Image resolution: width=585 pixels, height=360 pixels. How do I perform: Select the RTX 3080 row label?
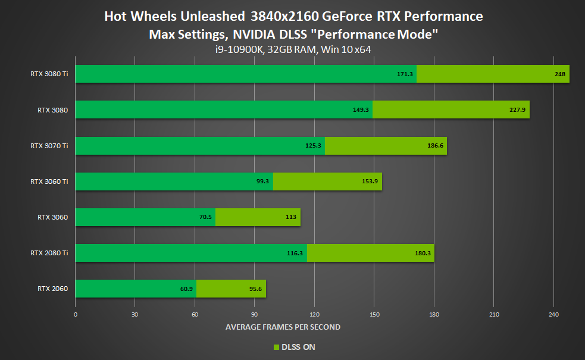click(x=52, y=109)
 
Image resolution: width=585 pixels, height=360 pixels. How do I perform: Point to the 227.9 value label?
click(x=518, y=110)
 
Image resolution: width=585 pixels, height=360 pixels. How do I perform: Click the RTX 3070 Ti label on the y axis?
click(x=49, y=146)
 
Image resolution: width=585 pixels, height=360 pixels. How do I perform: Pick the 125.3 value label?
click(x=314, y=146)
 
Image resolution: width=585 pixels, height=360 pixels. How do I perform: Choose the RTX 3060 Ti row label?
click(x=49, y=181)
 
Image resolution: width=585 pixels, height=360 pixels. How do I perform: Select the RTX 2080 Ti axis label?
click(x=49, y=253)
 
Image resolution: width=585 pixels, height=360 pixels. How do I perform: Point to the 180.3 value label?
click(x=424, y=253)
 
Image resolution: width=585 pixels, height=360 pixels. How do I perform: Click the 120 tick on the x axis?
click(x=314, y=314)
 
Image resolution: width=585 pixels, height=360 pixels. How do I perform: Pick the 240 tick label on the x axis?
click(x=553, y=314)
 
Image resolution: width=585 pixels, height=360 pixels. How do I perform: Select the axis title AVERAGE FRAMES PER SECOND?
click(x=283, y=327)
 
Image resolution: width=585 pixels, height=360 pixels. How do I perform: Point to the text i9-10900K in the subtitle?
click(x=240, y=49)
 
